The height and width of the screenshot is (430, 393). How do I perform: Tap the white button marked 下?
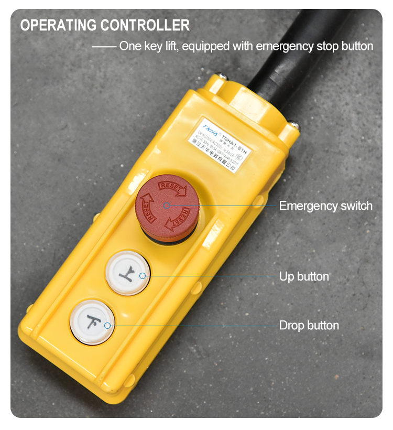point(92,321)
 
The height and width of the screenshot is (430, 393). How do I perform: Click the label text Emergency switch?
point(325,206)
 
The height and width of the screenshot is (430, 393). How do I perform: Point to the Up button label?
point(304,276)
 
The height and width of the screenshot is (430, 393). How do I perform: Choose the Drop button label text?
point(309,325)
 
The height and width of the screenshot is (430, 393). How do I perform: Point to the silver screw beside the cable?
point(294,125)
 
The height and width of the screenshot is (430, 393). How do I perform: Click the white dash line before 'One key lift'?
point(104,47)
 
